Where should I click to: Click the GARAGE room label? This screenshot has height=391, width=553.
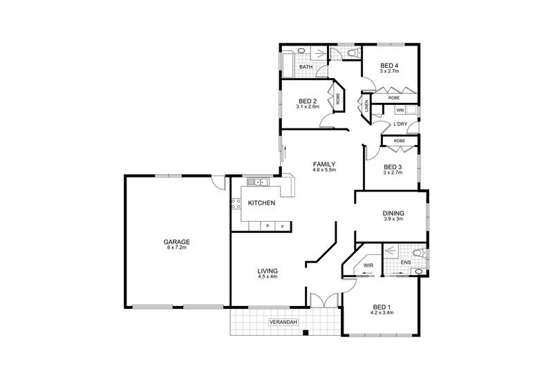pyautogui.click(x=176, y=242)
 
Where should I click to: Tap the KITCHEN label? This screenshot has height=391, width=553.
pyautogui.click(x=262, y=203)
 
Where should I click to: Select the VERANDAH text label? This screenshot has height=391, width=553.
pyautogui.click(x=283, y=323)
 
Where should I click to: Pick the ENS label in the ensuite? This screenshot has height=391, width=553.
pyautogui.click(x=405, y=263)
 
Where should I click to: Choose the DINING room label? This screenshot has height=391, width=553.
pyautogui.click(x=393, y=213)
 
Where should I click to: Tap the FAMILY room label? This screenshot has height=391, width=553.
pyautogui.click(x=324, y=163)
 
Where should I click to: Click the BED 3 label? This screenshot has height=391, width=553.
pyautogui.click(x=393, y=166)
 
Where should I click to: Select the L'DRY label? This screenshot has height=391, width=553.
pyautogui.click(x=399, y=124)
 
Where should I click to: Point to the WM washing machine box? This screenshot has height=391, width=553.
pyautogui.click(x=400, y=110)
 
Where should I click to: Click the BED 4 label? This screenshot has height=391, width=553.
pyautogui.click(x=391, y=65)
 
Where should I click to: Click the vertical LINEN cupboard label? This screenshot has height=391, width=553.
pyautogui.click(x=366, y=106)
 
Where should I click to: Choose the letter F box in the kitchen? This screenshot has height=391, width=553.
pyautogui.click(x=282, y=227)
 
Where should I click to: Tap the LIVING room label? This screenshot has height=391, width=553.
pyautogui.click(x=267, y=271)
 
